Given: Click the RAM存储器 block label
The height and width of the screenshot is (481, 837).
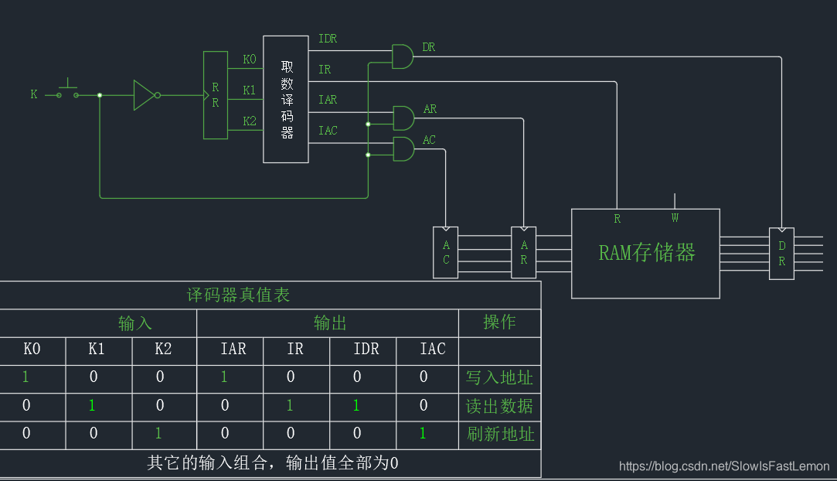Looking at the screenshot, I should coord(647,252).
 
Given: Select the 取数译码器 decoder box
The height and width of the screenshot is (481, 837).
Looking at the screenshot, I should coord(286,99).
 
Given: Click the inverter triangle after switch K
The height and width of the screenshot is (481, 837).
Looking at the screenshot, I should coord(144,95).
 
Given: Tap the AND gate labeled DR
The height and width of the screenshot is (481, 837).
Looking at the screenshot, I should coord(403,56).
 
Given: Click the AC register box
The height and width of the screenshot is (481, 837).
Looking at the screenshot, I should coord(446,252).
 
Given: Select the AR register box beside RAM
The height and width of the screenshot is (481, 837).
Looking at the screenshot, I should coord(523,252).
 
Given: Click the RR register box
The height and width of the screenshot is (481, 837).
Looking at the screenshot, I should coord(216,95).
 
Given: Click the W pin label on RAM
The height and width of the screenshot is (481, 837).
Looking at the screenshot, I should coord(675,218).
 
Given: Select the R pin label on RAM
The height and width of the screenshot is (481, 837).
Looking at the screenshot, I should coord(617,219).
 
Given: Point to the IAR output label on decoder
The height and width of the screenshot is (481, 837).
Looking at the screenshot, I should coord(328,100).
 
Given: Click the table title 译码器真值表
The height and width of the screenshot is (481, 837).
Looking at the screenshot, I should coord(239,295).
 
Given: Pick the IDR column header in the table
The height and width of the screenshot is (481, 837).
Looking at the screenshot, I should coord(366,349).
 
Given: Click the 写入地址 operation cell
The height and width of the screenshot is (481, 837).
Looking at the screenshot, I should coord(499,377).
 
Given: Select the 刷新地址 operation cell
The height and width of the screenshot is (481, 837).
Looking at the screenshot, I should coord(499,434).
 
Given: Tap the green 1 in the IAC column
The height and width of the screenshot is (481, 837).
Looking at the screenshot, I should coord(423,434).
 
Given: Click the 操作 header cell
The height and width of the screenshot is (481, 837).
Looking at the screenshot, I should coord(499,322).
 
